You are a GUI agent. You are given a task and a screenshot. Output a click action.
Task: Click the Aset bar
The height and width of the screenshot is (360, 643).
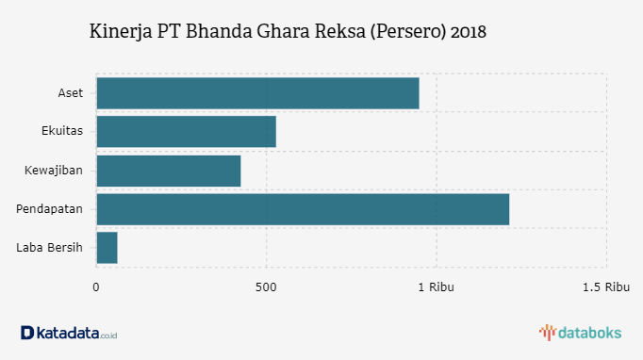pyautogui.click(x=257, y=93)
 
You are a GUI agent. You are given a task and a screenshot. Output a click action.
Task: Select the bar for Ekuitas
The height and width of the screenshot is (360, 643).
pyautogui.click(x=186, y=132)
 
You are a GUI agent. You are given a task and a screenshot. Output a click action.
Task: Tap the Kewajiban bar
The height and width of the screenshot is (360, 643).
pyautogui.click(x=169, y=171)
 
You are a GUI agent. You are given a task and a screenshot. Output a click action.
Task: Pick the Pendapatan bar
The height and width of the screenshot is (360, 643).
pyautogui.click(x=303, y=209)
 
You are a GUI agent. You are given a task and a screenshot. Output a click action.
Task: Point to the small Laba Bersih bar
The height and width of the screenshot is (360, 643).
pyautogui.click(x=107, y=248)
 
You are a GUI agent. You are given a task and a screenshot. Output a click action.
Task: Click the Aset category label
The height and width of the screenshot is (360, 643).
pyautogui.click(x=70, y=93)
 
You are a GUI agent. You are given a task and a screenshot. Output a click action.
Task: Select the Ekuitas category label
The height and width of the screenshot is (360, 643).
pyautogui.click(x=62, y=132)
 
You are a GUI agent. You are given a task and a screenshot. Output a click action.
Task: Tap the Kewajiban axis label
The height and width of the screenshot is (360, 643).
pyautogui.click(x=54, y=171)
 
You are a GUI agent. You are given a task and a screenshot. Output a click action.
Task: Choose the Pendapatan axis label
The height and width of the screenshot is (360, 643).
pyautogui.click(x=50, y=209)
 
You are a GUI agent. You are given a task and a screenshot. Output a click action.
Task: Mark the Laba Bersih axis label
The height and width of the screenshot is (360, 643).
pyautogui.click(x=50, y=248)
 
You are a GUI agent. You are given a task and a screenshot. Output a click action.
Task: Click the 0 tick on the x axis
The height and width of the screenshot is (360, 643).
pyautogui.click(x=96, y=286)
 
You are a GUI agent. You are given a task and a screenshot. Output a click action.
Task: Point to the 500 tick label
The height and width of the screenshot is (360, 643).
pyautogui.click(x=266, y=286)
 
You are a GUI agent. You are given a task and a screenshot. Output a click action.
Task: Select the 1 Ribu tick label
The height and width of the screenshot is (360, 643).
pyautogui.click(x=436, y=286)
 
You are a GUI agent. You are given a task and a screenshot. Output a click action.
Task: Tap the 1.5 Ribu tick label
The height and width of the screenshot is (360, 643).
pyautogui.click(x=605, y=286)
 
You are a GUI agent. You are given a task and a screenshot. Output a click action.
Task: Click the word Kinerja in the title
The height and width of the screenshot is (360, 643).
pyautogui.click(x=120, y=32)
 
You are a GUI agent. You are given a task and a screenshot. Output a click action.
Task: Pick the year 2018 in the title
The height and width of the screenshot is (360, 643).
pyautogui.click(x=469, y=32)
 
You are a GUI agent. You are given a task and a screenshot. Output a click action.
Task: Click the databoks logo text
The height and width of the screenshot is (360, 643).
pyautogui.click(x=590, y=332)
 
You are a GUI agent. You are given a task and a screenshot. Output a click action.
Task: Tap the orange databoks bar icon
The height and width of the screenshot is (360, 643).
pyautogui.click(x=547, y=332)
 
